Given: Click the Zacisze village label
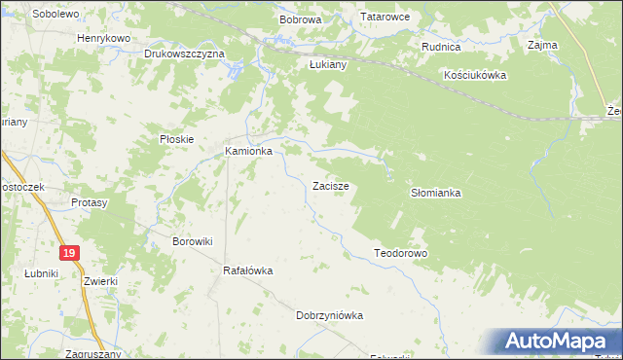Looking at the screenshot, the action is pyautogui.click(x=331, y=185).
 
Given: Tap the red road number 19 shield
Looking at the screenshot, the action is pyautogui.click(x=67, y=253).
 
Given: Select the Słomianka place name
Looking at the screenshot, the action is pyautogui.click(x=435, y=194).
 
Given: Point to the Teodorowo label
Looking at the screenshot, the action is pyautogui.click(x=401, y=253).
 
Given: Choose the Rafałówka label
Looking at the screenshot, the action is pyautogui.click(x=248, y=270).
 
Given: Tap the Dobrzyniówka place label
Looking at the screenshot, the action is pyautogui.click(x=329, y=315).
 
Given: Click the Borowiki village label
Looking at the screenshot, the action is pyautogui.click(x=192, y=240).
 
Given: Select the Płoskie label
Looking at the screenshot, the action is pyautogui.click(x=177, y=139).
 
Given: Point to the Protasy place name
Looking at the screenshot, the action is pyautogui.click(x=89, y=202).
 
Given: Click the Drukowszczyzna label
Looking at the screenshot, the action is pyautogui.click(x=184, y=54).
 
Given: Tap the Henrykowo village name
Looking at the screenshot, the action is pyautogui.click(x=103, y=38).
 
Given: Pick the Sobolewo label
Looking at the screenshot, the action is pyautogui.click(x=55, y=15).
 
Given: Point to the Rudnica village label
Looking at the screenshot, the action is pyautogui.click(x=440, y=47).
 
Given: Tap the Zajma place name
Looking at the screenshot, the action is pyautogui.click(x=541, y=45).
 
